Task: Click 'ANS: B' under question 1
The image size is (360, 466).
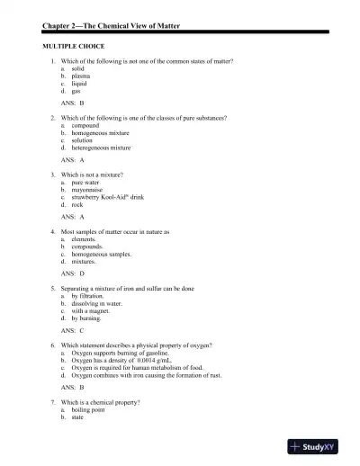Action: (73, 103)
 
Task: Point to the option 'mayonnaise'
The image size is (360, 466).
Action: (89, 189)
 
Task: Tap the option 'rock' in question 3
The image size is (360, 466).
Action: (78, 203)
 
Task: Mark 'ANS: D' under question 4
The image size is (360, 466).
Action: (73, 273)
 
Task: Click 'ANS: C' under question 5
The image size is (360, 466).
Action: (73, 330)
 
